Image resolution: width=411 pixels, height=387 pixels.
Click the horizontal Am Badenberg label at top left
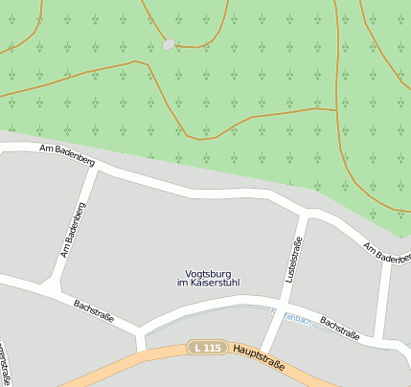pyautogui.click(x=67, y=154)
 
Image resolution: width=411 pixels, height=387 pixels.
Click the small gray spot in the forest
pyautogui.click(x=170, y=44)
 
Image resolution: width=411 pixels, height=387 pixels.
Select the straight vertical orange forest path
pyautogui.click(x=338, y=57)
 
